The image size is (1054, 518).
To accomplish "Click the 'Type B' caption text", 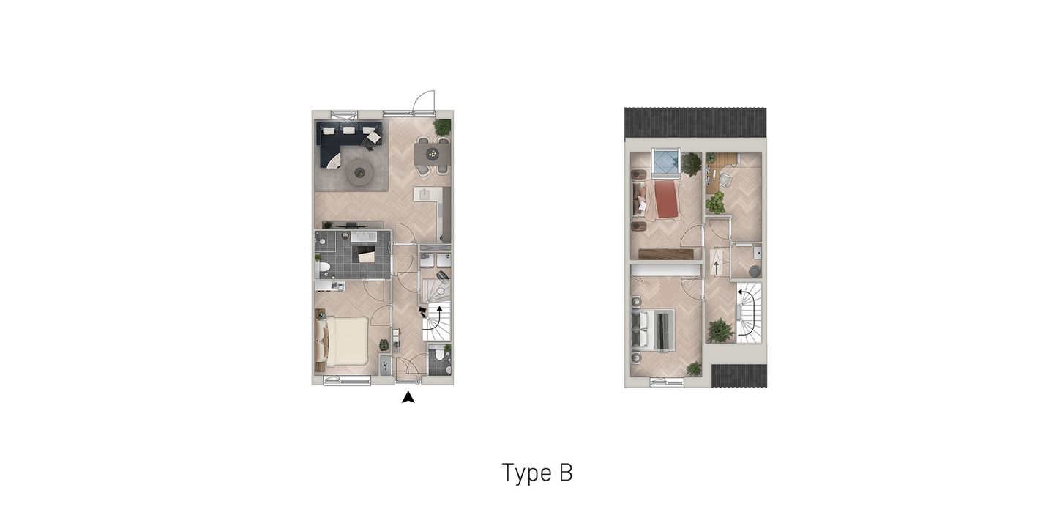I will pyautogui.click(x=537, y=473).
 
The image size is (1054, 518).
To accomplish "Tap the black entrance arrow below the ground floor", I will pyautogui.click(x=408, y=397).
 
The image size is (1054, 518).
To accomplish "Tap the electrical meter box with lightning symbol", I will pyautogui.click(x=385, y=365).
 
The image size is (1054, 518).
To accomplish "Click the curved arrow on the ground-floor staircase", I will pyautogui.click(x=438, y=317).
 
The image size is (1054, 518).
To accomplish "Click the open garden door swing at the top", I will pyautogui.click(x=424, y=102).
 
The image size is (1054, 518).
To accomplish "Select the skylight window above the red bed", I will pyautogui.click(x=666, y=162).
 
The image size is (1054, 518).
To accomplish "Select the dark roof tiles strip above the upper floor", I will pyautogui.click(x=695, y=122).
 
